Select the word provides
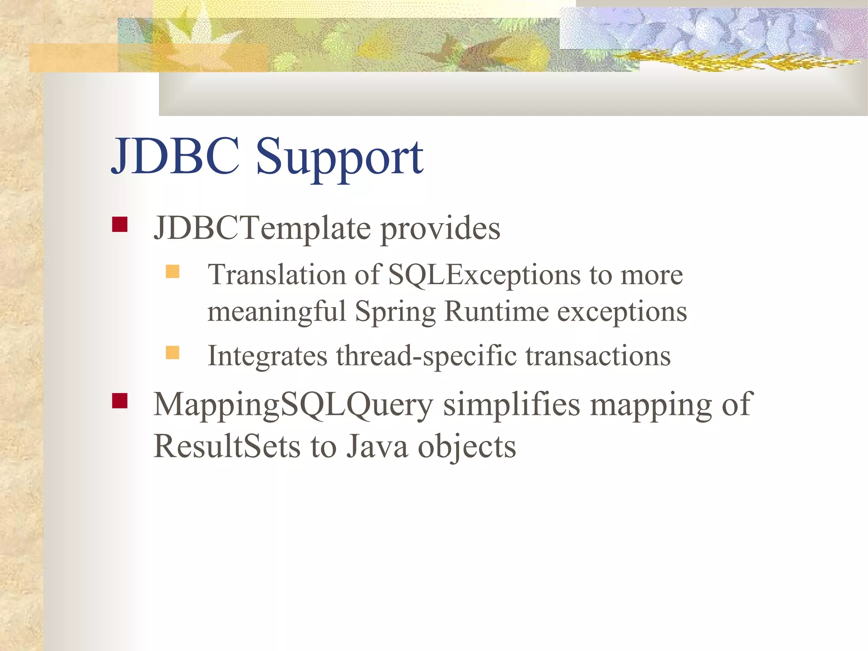click(440, 229)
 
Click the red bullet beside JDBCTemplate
click(120, 224)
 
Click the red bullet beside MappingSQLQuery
click(120, 400)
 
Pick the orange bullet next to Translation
click(172, 271)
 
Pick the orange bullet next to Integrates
click(172, 352)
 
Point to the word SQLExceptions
click(484, 275)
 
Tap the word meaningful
click(277, 312)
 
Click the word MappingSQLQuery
click(293, 405)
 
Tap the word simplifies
click(511, 405)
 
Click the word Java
click(377, 447)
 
